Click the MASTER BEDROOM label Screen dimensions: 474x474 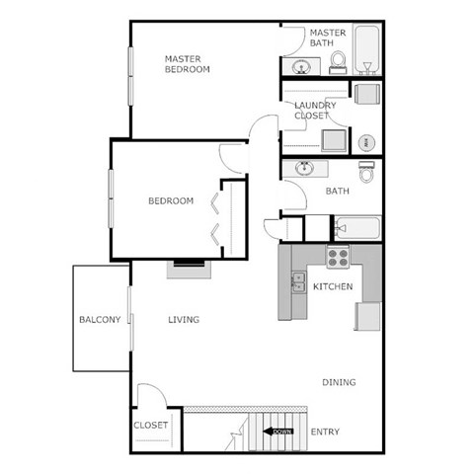[x=187, y=63]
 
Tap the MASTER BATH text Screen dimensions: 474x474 [x=329, y=38]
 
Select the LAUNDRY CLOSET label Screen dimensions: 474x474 [x=315, y=111]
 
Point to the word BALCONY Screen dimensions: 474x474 [x=100, y=319]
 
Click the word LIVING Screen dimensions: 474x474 [x=184, y=319]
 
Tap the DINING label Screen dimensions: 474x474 [x=339, y=382]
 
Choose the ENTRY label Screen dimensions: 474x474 [x=325, y=432]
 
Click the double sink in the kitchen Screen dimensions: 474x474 [x=297, y=282]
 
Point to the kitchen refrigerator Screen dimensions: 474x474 [x=368, y=316]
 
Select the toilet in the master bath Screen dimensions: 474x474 [x=338, y=62]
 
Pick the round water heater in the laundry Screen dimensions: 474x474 [x=366, y=141]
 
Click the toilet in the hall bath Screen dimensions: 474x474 [x=367, y=172]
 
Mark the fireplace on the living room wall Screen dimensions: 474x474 [x=186, y=265]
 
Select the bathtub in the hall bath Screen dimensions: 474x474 [x=355, y=228]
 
